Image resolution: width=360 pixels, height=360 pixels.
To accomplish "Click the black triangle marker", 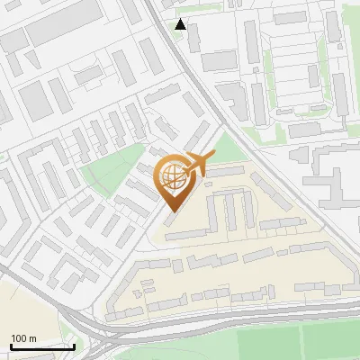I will coord(181,24).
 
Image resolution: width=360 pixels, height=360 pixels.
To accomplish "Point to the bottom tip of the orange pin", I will coord(170,211).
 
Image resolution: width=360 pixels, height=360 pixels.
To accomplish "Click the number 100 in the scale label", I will coord(19,338).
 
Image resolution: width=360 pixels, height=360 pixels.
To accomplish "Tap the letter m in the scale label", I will coord(32,338).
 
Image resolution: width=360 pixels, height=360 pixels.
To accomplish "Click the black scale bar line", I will coord(43,346).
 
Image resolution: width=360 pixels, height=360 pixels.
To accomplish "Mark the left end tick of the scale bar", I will coord(12,345).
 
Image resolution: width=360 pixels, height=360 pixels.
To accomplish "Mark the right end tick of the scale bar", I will coord(75,345).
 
